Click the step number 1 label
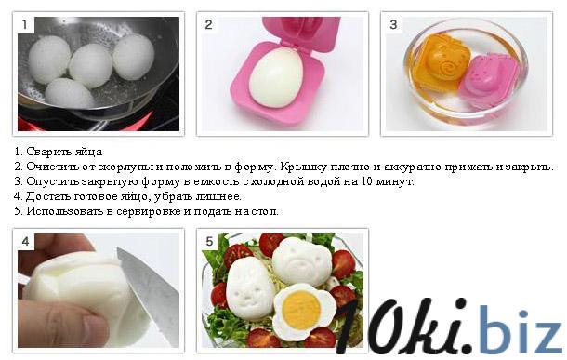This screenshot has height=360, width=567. pyautogui.click(x=24, y=24)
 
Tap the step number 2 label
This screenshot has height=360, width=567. pyautogui.click(x=208, y=24)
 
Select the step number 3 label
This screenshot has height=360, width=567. pyautogui.click(x=393, y=24)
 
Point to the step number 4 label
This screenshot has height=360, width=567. pyautogui.click(x=25, y=241)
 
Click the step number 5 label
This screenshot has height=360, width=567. pyautogui.click(x=209, y=241)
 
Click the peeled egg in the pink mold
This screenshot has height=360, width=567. pyautogui.click(x=276, y=77)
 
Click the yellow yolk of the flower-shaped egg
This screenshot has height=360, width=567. pyautogui.click(x=301, y=310)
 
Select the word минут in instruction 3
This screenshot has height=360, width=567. pyautogui.click(x=394, y=182)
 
